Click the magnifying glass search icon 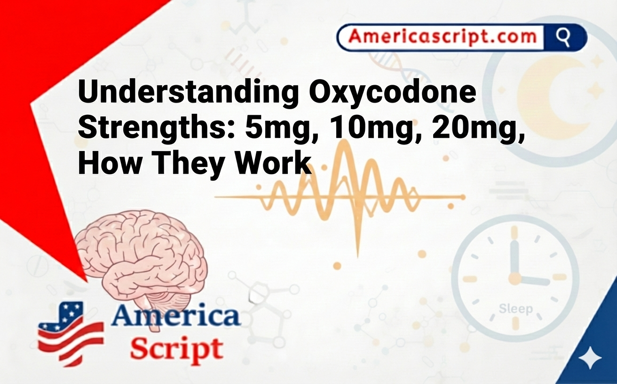coord(563,37)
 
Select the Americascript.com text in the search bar coord(442,37)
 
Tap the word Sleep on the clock coord(515,309)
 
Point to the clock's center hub coord(515,279)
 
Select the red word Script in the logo coord(176,349)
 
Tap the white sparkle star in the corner coord(590,359)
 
